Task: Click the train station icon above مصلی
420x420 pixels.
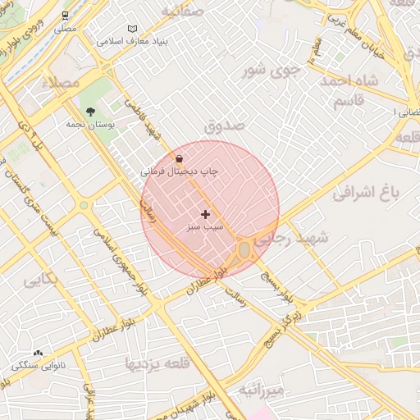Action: point(66,15)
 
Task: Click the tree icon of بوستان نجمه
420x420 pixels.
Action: point(89,111)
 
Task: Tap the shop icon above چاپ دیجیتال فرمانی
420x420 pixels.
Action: point(180,158)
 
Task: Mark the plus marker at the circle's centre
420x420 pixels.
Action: point(205,213)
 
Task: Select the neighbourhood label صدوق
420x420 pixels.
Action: point(225,127)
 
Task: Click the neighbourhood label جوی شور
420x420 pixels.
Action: point(272,70)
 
